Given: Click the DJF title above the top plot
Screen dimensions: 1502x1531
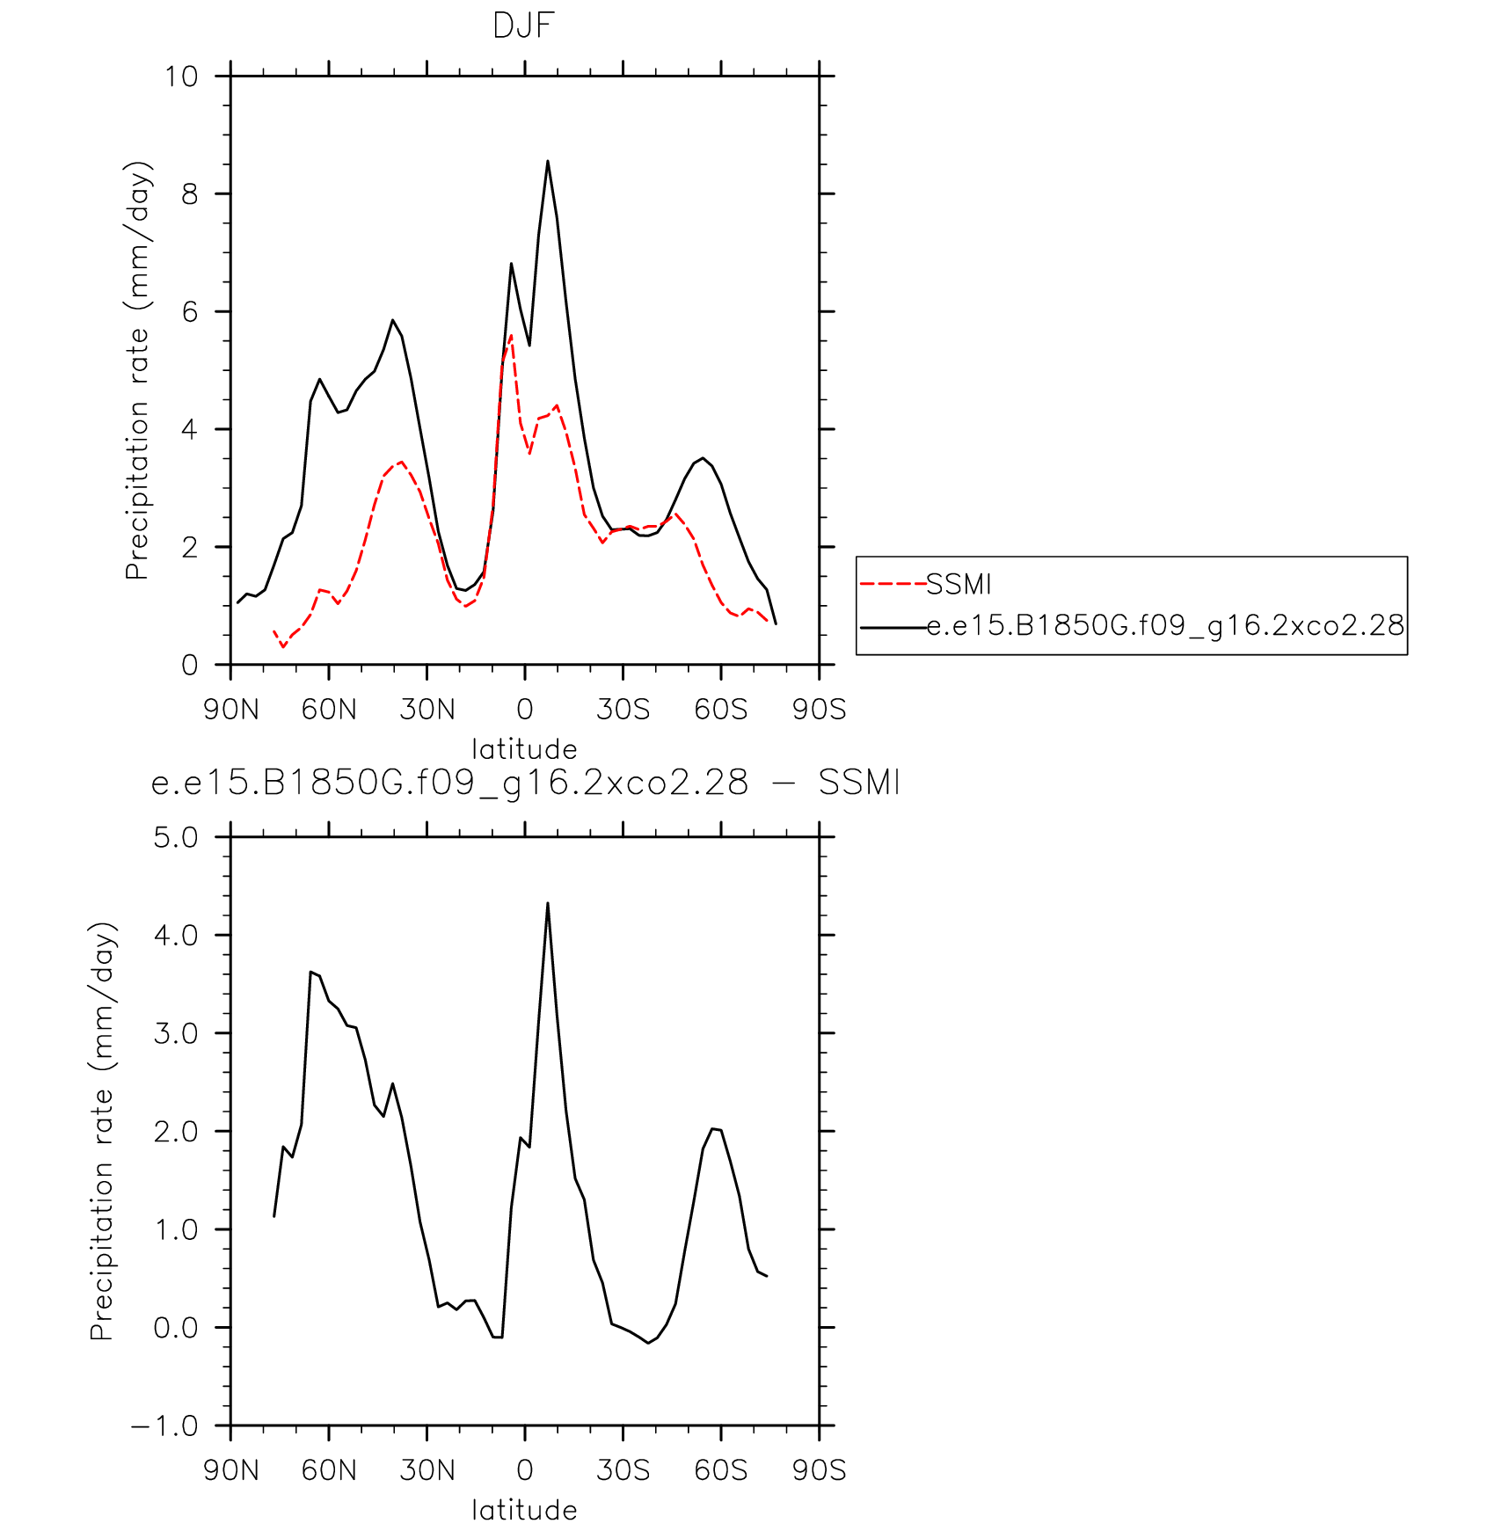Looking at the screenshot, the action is [523, 26].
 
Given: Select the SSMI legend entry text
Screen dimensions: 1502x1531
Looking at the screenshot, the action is [959, 584].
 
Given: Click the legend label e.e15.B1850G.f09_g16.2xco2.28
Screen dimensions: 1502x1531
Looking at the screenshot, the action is [1166, 625].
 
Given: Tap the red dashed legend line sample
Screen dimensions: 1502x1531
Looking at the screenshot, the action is [893, 584].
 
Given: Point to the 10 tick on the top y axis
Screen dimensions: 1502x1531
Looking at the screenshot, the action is [182, 77].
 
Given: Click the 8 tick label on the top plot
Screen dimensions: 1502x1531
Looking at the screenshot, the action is [190, 194].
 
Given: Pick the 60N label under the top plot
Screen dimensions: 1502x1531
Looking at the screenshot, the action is [329, 709].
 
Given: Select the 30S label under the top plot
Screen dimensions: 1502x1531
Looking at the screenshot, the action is [623, 709].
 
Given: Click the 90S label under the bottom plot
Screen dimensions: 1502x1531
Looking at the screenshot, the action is [819, 1469].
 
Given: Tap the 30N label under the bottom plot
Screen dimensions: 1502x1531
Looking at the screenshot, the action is [427, 1469].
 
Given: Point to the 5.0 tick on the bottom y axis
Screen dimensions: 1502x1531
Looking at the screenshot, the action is [177, 837].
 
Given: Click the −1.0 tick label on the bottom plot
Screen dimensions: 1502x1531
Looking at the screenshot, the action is [165, 1425].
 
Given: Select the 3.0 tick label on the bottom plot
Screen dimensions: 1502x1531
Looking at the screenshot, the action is [177, 1033].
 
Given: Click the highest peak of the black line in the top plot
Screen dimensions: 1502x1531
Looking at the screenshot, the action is [548, 161].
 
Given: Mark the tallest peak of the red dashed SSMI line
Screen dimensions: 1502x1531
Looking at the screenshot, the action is [511, 335].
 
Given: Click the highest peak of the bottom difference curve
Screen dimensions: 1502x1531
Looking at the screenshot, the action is [548, 903].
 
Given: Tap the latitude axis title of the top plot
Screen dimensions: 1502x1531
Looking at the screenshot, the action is [524, 749].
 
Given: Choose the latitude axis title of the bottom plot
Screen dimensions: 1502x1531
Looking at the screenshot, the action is [524, 1510].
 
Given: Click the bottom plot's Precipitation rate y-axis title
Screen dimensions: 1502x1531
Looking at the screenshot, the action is [103, 1131].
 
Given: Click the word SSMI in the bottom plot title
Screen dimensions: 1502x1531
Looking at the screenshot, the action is [859, 783].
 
